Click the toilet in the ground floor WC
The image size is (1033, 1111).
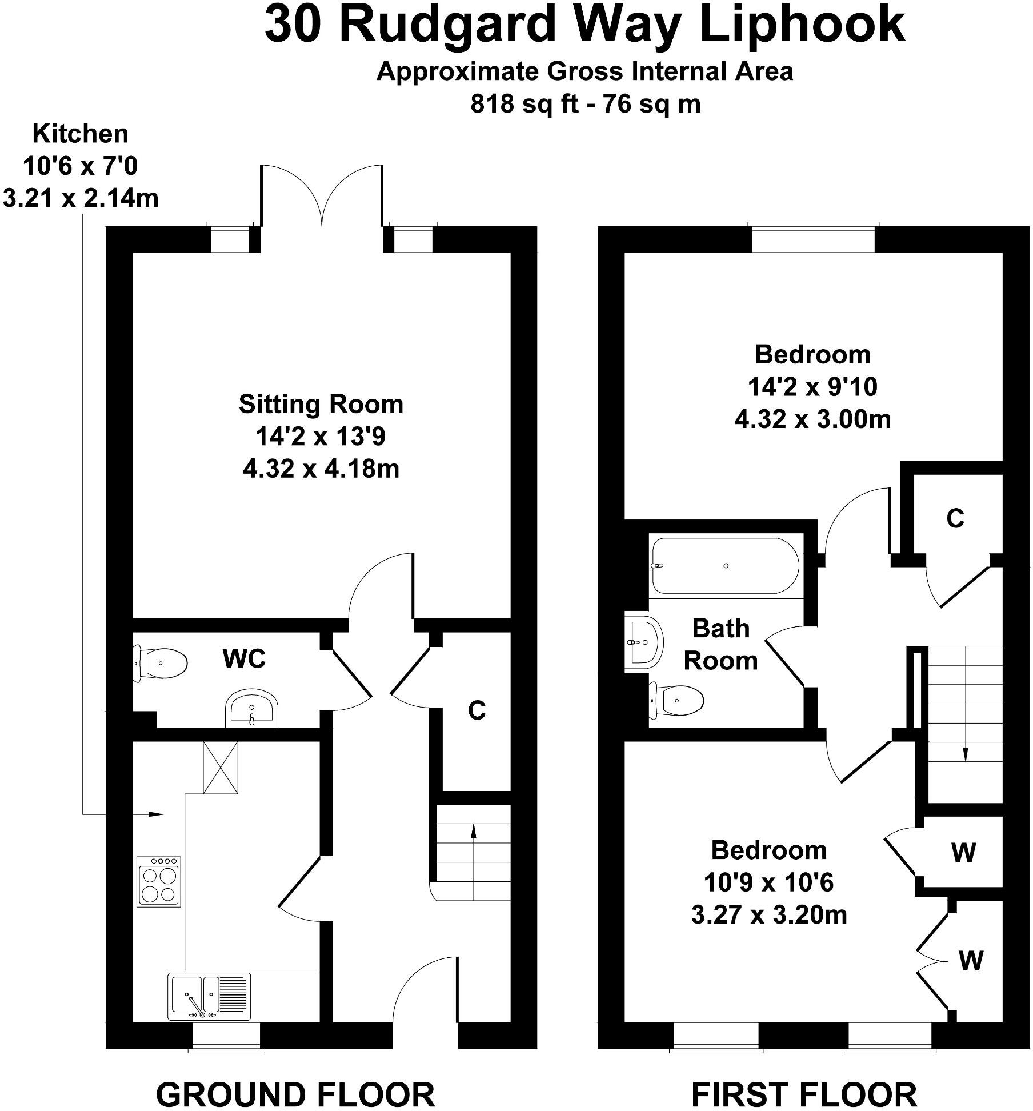click(161, 663)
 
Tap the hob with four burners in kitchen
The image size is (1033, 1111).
click(159, 881)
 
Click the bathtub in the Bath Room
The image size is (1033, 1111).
click(726, 565)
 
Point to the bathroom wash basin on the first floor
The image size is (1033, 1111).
click(644, 642)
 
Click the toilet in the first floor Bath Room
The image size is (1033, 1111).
click(677, 700)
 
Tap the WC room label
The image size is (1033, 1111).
click(244, 659)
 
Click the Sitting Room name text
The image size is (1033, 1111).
click(321, 404)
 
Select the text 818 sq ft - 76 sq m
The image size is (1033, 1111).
click(585, 104)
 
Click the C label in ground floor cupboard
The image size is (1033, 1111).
click(477, 710)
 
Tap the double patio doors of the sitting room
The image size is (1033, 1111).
click(322, 197)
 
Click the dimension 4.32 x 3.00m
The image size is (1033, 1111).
click(812, 419)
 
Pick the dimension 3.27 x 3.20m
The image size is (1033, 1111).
click(768, 915)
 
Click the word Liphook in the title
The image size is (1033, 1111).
click(803, 25)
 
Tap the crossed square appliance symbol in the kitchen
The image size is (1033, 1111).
click(221, 767)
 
